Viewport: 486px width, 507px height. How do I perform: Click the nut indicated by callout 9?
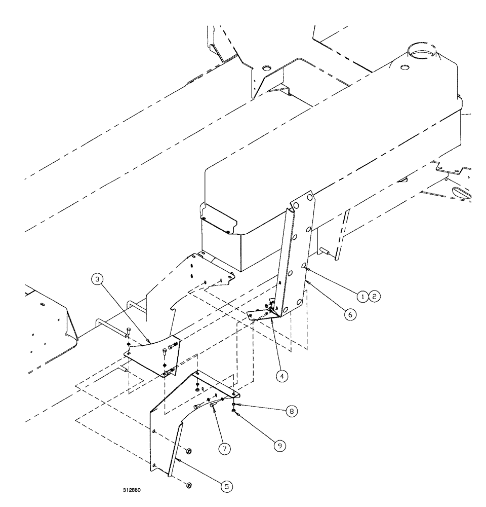click(233, 411)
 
